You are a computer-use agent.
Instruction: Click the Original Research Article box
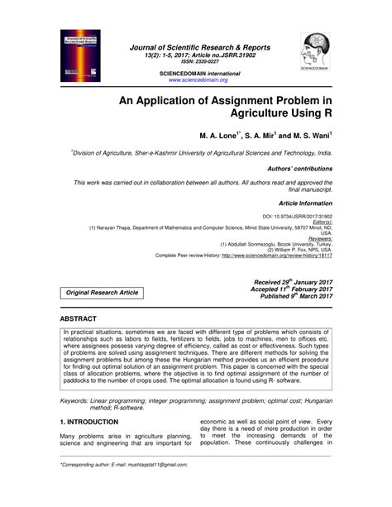102,293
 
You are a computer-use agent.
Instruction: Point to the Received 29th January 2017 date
294,282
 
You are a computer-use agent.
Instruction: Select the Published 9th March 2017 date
295,295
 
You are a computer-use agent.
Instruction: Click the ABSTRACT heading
79,318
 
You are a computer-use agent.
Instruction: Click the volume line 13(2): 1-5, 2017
196,55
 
